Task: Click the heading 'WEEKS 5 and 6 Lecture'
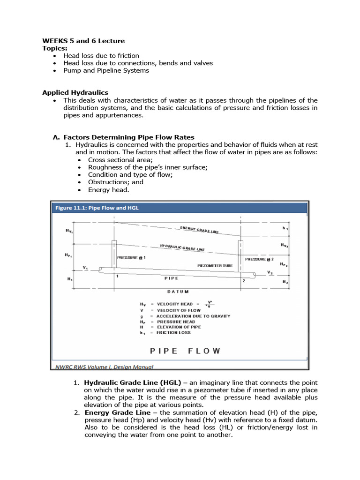[x=83, y=41]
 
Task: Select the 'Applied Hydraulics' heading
[x=75, y=93]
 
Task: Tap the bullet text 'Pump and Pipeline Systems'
[x=106, y=70]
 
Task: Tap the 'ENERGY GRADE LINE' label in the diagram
[x=199, y=230]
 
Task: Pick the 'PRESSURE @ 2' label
[x=259, y=259]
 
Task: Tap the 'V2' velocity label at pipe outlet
[x=270, y=272]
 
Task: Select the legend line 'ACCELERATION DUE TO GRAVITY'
[x=193, y=316]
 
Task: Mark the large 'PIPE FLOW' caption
[x=184, y=350]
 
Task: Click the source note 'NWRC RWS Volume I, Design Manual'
[x=103, y=367]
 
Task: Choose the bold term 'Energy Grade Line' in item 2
[x=118, y=412]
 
